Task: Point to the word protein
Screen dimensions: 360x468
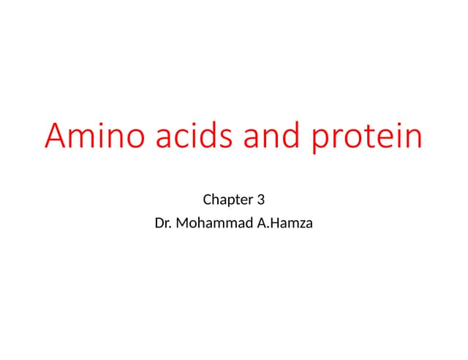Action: click(x=367, y=139)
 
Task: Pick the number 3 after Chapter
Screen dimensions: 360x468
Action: click(x=260, y=199)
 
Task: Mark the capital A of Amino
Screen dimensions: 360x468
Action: click(x=57, y=137)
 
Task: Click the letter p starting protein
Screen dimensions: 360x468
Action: click(x=321, y=141)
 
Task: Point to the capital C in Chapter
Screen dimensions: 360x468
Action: click(x=205, y=199)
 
